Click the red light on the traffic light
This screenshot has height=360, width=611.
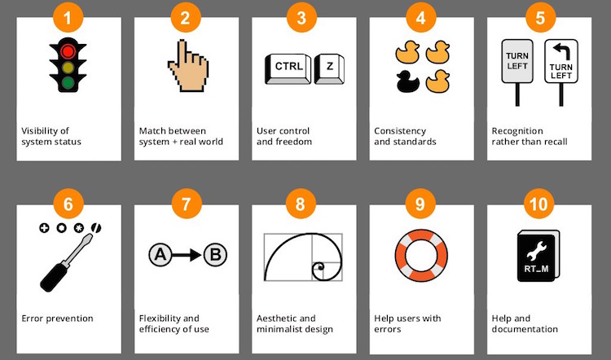point(68,51)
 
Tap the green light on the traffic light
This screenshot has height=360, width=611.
point(68,82)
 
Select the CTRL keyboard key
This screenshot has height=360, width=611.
point(288,68)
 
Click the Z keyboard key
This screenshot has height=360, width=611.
point(329,68)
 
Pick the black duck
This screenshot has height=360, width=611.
point(407,81)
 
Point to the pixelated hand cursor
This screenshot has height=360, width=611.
point(188,65)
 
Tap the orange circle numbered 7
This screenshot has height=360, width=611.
point(187,204)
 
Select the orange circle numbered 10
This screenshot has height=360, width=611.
point(539,204)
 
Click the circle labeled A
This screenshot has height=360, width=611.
point(160,255)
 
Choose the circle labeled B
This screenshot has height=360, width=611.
point(215,255)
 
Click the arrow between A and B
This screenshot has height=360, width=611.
point(187,255)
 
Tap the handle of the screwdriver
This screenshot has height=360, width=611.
point(54,277)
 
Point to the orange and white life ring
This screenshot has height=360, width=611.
point(421,256)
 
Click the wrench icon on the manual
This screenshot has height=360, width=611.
point(536,250)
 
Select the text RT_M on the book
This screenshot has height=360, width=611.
point(536,269)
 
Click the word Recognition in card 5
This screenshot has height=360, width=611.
point(517,131)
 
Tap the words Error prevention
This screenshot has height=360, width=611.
point(57,318)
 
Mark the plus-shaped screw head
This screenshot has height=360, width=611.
point(44,228)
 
